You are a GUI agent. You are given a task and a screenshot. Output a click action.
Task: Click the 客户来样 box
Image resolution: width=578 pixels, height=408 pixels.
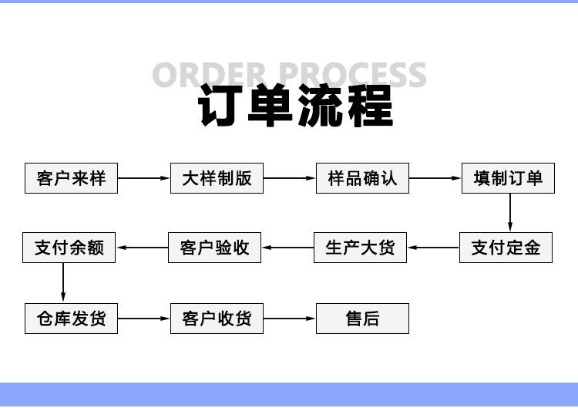(71, 178)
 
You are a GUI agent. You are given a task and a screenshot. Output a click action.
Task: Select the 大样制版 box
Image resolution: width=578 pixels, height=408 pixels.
(217, 178)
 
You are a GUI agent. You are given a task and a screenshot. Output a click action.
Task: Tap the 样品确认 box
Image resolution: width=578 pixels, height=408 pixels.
(362, 178)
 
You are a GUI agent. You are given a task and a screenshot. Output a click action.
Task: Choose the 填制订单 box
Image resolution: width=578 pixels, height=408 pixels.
(508, 178)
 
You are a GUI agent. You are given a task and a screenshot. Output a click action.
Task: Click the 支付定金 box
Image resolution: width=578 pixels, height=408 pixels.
(506, 248)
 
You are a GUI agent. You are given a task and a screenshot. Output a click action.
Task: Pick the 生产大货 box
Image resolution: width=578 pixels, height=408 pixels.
(360, 248)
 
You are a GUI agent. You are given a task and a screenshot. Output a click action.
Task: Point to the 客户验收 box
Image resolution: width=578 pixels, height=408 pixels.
(214, 248)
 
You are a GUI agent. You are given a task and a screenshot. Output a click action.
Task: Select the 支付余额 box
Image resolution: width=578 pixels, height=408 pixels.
(69, 248)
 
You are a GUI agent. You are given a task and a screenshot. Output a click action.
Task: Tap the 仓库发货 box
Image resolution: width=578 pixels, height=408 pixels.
(71, 319)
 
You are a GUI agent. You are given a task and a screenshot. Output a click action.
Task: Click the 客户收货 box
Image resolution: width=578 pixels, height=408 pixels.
(217, 319)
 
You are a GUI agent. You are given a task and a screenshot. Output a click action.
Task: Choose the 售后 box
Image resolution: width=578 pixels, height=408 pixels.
(362, 319)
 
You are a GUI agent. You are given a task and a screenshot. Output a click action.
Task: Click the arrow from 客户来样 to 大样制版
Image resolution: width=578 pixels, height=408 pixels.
(144, 178)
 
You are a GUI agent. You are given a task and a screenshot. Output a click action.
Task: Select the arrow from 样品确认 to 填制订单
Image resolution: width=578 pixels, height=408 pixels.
(435, 178)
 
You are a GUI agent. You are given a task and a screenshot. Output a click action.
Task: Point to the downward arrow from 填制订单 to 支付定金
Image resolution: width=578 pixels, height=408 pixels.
(510, 213)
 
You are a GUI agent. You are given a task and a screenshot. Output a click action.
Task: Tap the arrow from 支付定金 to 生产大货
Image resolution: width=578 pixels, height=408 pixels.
(433, 248)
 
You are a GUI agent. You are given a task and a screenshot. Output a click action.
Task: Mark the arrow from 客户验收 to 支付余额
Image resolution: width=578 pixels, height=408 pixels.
(142, 248)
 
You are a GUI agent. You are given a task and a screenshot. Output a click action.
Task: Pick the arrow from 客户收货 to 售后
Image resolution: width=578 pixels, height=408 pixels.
(289, 319)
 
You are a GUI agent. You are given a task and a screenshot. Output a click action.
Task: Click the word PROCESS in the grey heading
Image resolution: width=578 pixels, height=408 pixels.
(352, 75)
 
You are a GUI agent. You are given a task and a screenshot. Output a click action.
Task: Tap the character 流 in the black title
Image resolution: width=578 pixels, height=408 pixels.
(320, 105)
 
